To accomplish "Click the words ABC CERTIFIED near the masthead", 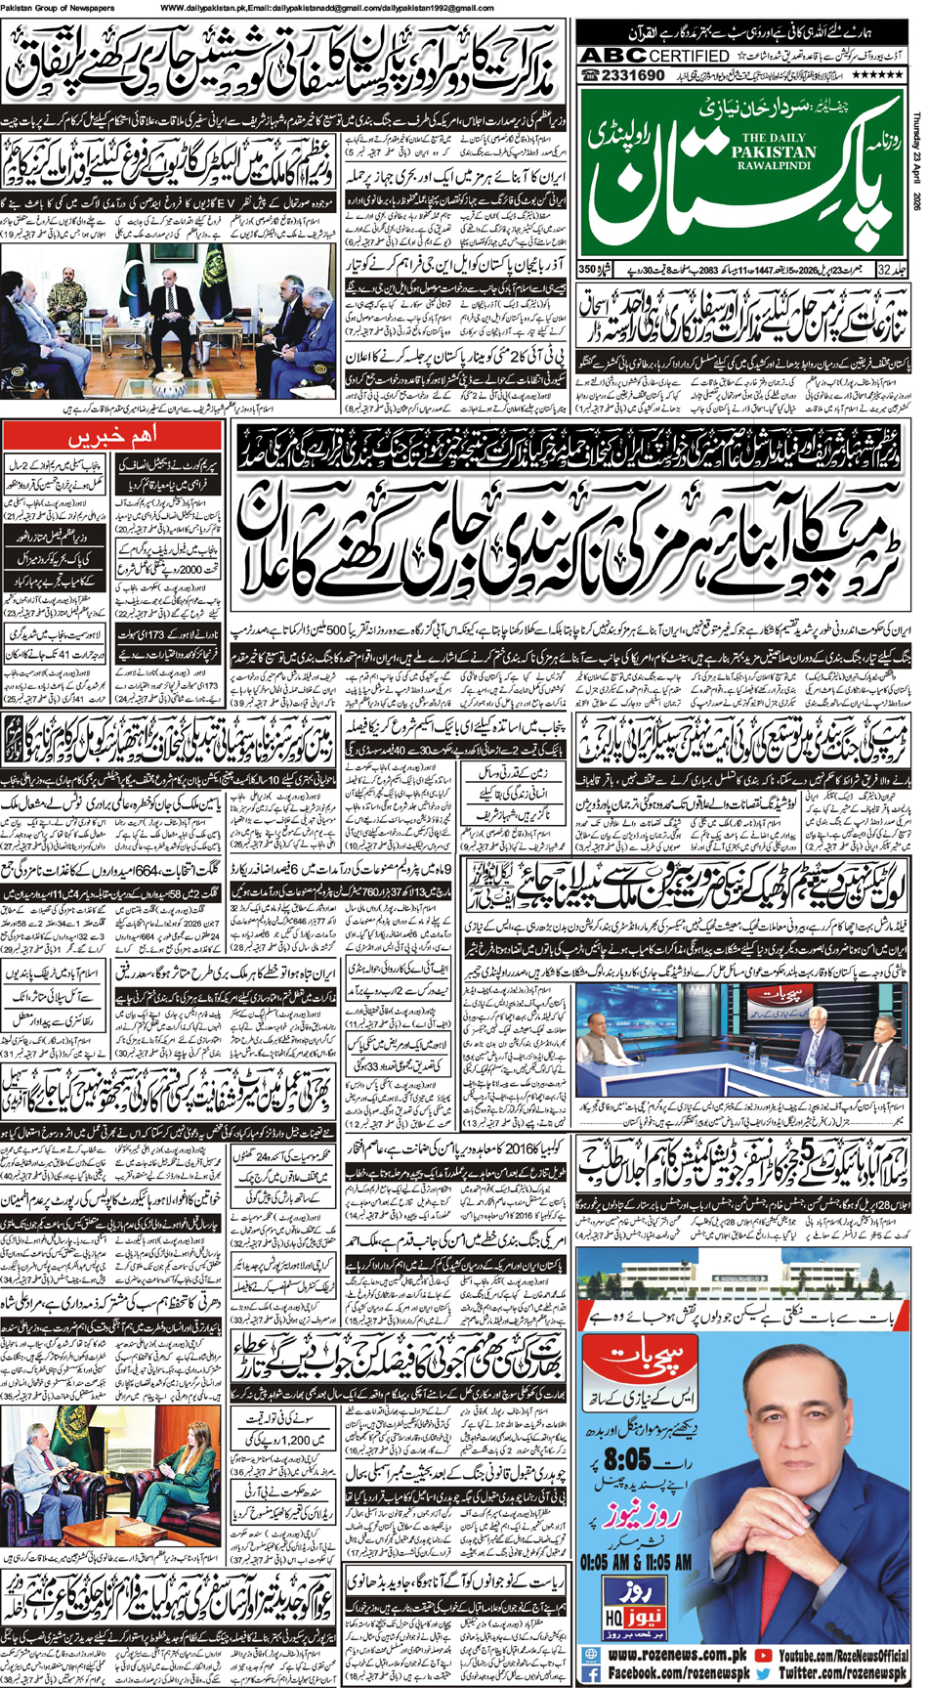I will coord(653,56).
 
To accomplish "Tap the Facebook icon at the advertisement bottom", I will coord(593,1673).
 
